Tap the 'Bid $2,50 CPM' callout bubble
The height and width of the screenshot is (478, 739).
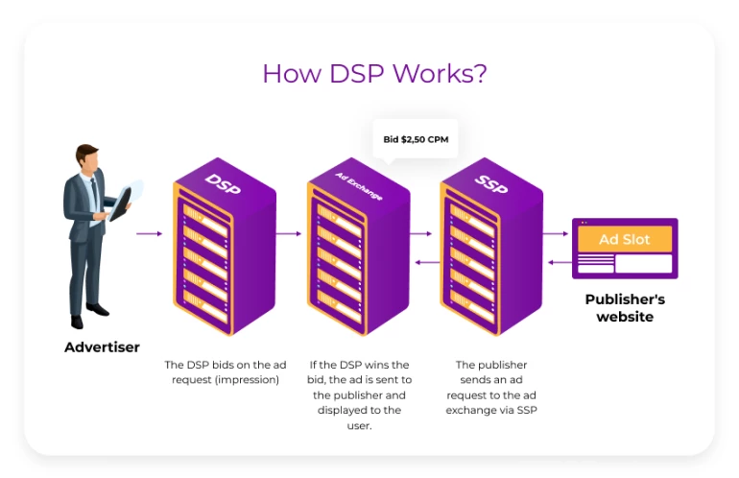point(416,140)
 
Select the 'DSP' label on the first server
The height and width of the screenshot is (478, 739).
point(222,183)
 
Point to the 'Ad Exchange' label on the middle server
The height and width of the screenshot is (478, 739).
point(358,186)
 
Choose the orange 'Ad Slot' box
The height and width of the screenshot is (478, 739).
point(624,239)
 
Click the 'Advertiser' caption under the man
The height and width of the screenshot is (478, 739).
point(102,347)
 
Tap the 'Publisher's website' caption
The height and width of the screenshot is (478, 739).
point(625,308)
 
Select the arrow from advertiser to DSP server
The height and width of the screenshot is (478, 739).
point(149,233)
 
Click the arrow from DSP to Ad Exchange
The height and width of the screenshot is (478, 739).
point(289,233)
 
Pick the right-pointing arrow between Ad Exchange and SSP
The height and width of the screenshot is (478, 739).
point(420,233)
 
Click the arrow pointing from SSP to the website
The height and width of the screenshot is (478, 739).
point(555,233)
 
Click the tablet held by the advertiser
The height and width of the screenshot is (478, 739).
point(127,198)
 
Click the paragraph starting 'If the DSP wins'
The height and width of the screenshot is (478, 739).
point(359,394)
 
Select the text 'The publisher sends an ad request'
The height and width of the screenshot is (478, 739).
point(491,387)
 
